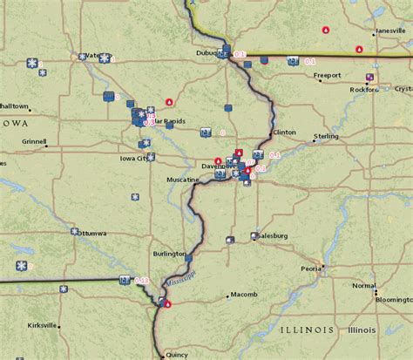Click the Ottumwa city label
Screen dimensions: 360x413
(x=92, y=234)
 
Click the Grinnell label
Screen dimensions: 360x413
(x=35, y=140)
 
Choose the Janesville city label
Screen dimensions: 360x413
(x=389, y=31)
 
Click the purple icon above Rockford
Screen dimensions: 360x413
(x=370, y=78)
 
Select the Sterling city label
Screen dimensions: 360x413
(x=327, y=136)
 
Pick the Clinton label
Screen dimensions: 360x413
(x=285, y=132)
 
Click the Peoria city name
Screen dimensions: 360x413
(x=311, y=268)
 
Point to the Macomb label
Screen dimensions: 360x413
(x=244, y=295)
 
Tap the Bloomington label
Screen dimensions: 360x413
(x=393, y=299)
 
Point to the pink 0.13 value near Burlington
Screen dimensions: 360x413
(x=142, y=281)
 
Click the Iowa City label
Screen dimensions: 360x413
(x=136, y=159)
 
